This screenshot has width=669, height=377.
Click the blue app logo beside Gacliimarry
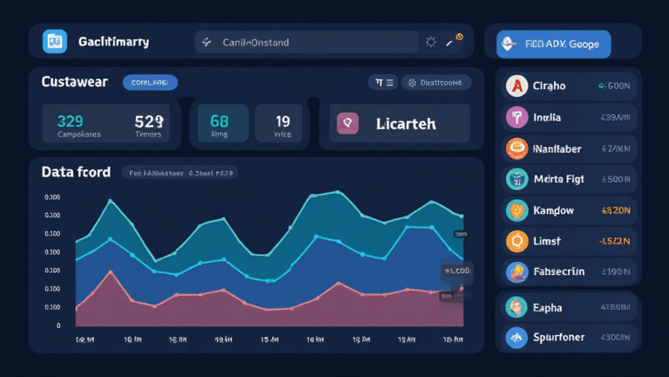tap(55, 41)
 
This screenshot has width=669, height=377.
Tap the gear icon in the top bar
tap(430, 41)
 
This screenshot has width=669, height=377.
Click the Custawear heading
tap(75, 82)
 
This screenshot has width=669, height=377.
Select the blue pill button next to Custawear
tap(151, 82)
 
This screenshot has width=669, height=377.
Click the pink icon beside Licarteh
tap(348, 124)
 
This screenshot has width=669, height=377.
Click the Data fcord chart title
tap(76, 172)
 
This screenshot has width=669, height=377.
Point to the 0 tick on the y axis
tap(58, 325)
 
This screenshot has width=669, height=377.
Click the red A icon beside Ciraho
tap(517, 86)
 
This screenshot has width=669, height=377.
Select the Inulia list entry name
tap(548, 117)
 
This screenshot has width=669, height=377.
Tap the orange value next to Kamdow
tap(615, 210)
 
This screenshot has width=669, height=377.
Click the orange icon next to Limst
tap(517, 241)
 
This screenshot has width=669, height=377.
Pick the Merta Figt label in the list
tap(560, 179)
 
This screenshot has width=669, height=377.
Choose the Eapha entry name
tap(547, 307)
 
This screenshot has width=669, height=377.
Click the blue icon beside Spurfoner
tap(517, 337)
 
